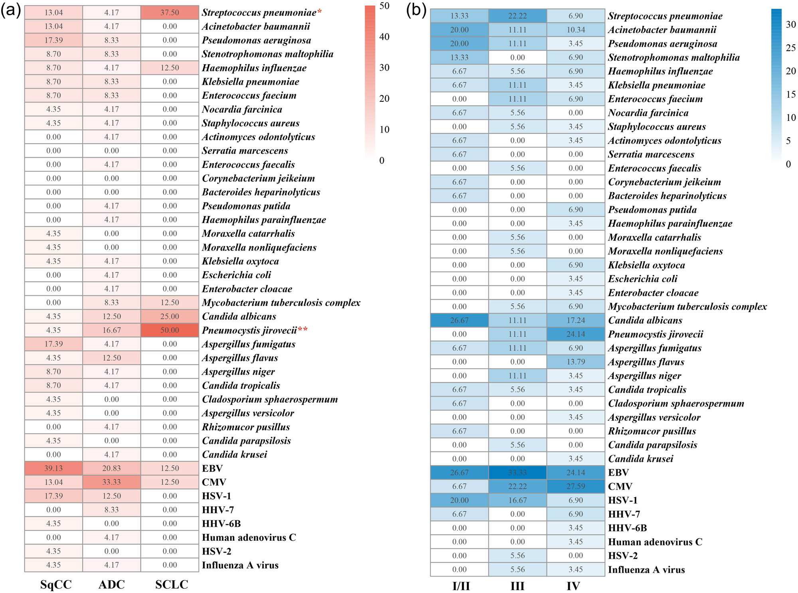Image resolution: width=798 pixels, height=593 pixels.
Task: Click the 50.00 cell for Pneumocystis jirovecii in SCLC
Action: pos(170,330)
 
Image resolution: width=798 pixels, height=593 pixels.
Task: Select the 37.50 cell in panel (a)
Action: pos(170,12)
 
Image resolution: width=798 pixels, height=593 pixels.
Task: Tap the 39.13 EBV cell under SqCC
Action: pos(53,468)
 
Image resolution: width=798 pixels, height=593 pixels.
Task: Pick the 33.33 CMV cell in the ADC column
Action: pos(111,482)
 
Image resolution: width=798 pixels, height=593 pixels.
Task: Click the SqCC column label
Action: pos(56,584)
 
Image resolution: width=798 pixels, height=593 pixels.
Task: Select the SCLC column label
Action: pos(172,584)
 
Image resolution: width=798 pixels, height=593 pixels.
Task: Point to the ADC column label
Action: pos(111,584)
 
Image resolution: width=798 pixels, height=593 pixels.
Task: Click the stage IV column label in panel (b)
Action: pos(573,586)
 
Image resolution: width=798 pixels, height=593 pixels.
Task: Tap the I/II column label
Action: pos(461,586)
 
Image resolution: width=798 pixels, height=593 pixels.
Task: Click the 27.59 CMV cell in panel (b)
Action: pos(576,486)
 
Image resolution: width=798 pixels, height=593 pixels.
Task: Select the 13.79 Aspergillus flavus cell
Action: pos(576,362)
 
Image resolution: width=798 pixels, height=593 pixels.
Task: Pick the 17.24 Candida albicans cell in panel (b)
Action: pos(576,320)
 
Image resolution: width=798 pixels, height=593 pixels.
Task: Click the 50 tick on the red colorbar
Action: pos(384,6)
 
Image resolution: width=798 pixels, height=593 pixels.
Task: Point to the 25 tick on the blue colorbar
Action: pos(790,48)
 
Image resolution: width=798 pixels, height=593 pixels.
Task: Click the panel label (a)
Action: pos(11,10)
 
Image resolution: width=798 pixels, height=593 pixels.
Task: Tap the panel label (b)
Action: pos(416,10)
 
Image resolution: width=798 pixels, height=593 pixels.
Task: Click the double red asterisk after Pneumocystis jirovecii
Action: pos(303,330)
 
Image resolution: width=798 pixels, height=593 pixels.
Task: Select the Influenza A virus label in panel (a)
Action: pos(240,565)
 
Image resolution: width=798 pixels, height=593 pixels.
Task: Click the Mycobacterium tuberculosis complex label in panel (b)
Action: pos(687,306)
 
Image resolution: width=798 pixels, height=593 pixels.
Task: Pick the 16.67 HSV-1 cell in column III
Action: pos(518,500)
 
